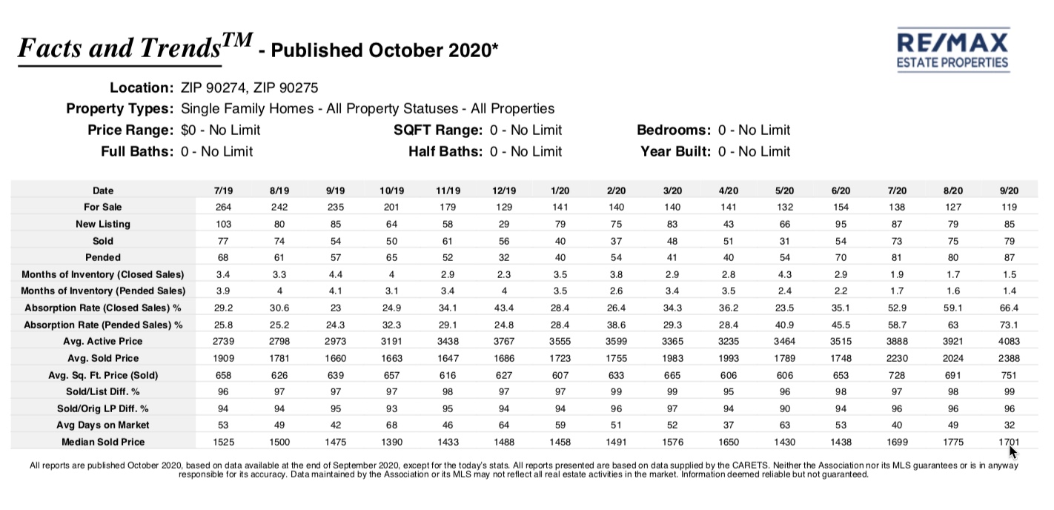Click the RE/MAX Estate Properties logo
tap(953, 50)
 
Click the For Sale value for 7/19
tap(224, 207)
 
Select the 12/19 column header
tap(504, 191)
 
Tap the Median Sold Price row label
tap(103, 442)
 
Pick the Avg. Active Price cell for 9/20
tap(1010, 341)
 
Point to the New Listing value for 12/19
tap(504, 224)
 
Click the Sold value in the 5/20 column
tap(784, 241)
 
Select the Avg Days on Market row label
tap(103, 425)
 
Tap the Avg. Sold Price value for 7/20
tap(897, 358)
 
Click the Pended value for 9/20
tap(1010, 257)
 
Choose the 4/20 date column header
tap(729, 191)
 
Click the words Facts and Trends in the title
tap(119, 48)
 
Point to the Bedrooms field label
tap(674, 130)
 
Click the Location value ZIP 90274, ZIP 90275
tap(249, 88)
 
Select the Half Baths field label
tap(445, 151)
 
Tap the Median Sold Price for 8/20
tap(953, 442)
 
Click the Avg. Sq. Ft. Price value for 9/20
tap(1010, 375)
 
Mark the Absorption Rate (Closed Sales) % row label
tap(103, 308)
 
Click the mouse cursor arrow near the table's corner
tap(1012, 451)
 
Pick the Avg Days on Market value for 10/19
tap(391, 425)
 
